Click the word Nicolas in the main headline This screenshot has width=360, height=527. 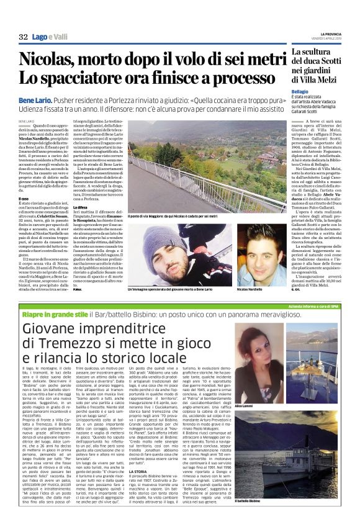pos(43,59)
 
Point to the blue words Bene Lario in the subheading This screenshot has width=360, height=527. pos(36,99)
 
